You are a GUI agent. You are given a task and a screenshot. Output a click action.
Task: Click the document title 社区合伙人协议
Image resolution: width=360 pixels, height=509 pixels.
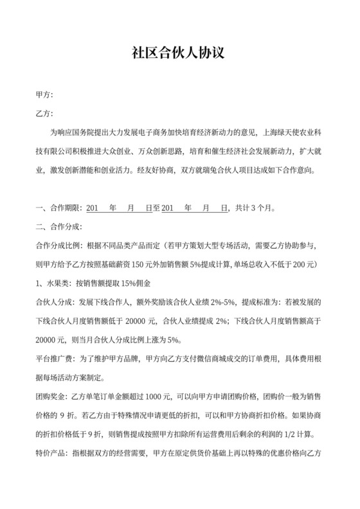(180, 52)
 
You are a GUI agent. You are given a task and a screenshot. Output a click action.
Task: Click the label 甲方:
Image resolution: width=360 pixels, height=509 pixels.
(44, 96)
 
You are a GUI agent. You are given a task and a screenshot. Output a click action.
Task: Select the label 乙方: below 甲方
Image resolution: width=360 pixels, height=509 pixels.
(44, 115)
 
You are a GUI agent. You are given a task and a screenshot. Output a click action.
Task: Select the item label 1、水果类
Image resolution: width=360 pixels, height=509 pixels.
(53, 283)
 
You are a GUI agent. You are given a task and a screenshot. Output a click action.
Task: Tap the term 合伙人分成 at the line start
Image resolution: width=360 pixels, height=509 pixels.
(54, 301)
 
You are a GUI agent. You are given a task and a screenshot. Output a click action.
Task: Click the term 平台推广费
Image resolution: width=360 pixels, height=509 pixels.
(54, 358)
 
